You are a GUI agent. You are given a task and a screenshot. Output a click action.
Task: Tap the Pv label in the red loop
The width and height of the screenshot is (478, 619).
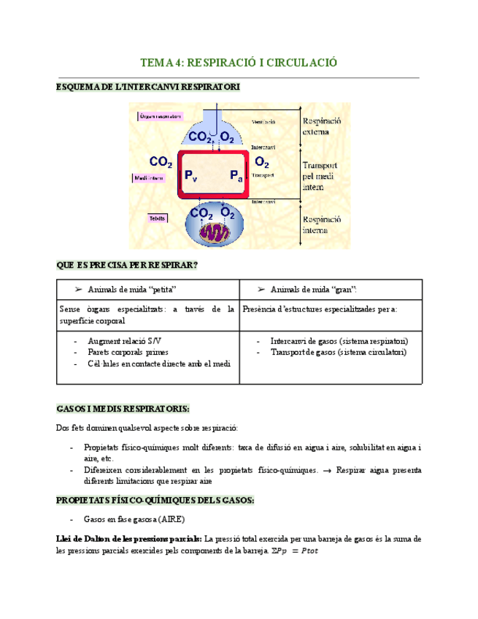tap(190, 176)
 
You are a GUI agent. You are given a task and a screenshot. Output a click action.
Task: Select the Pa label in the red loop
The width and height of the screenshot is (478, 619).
tap(236, 176)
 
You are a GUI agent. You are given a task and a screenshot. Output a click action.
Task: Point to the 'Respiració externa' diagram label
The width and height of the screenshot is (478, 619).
tap(321, 126)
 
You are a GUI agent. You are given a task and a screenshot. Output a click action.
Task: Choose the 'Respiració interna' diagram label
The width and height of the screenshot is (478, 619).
tap(321, 223)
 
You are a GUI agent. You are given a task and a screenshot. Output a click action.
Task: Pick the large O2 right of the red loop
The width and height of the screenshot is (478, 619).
tap(262, 162)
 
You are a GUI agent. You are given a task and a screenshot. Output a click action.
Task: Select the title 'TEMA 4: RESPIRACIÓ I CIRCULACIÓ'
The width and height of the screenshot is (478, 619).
tap(239, 63)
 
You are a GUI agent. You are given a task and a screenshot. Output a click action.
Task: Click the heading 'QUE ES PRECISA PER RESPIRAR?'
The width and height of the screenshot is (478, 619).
tap(128, 265)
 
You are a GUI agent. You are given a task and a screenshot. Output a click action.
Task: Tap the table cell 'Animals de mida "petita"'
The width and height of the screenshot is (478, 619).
tap(132, 289)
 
